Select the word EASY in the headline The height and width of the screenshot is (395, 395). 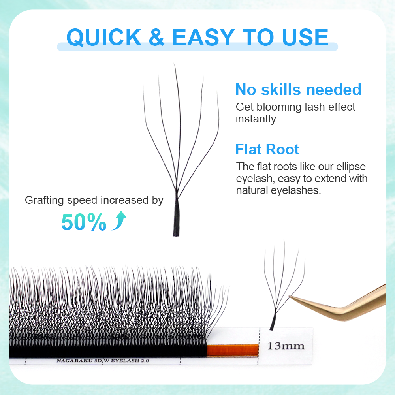[203, 37]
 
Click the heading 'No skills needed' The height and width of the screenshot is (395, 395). [298, 90]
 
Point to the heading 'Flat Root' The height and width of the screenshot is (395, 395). [267, 150]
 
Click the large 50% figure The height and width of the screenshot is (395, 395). [84, 222]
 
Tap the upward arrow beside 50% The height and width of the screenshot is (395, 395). [119, 221]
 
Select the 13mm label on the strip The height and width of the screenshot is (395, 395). [286, 346]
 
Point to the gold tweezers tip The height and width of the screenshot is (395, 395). [292, 297]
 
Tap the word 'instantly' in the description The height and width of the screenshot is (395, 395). [257, 119]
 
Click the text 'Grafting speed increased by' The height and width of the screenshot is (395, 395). [94, 200]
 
